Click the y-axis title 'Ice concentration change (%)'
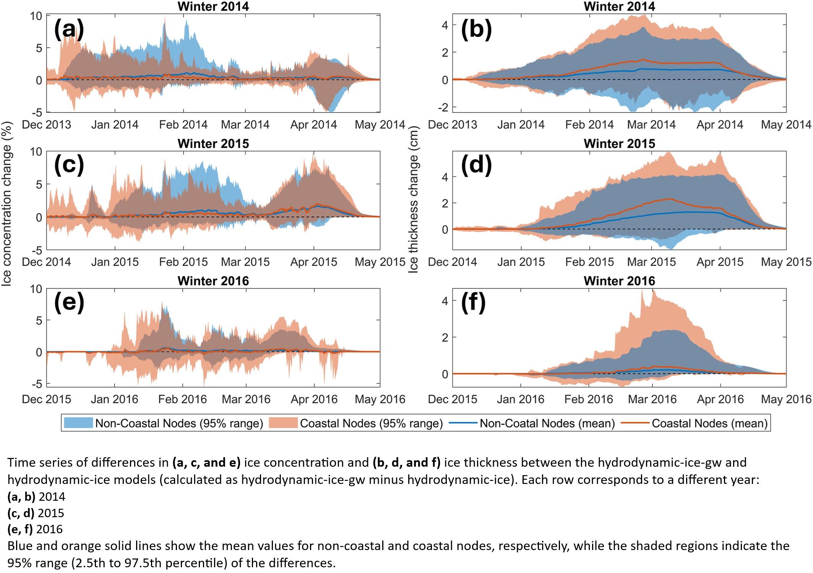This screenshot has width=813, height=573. (x=6, y=203)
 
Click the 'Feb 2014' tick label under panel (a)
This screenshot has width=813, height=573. (x=183, y=125)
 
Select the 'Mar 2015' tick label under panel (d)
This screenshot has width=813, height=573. (x=651, y=262)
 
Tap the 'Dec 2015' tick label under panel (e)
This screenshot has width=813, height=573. (x=47, y=399)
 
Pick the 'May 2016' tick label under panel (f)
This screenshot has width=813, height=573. (x=786, y=399)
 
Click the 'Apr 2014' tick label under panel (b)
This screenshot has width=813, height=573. (x=720, y=125)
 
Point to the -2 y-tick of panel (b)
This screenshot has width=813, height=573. (x=445, y=107)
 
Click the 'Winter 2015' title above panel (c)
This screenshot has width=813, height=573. (x=213, y=144)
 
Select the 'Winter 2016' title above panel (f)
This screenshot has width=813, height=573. (x=619, y=281)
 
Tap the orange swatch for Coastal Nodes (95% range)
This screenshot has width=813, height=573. (x=283, y=423)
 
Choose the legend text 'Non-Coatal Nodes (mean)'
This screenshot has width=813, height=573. (x=547, y=423)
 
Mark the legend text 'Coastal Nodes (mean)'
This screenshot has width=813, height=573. (x=709, y=423)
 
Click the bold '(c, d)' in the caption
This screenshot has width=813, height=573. (x=21, y=513)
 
